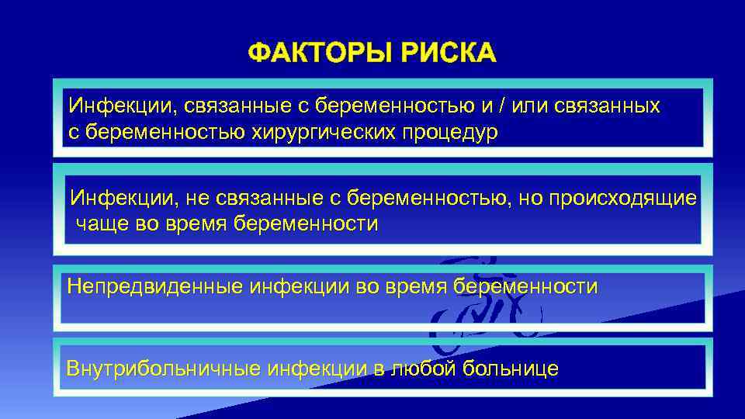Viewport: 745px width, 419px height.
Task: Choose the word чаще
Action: coord(102,224)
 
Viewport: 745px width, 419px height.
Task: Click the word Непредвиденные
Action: coord(155,286)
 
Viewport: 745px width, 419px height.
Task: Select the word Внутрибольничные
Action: coord(164,368)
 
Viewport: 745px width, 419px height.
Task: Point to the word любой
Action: coord(424,368)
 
